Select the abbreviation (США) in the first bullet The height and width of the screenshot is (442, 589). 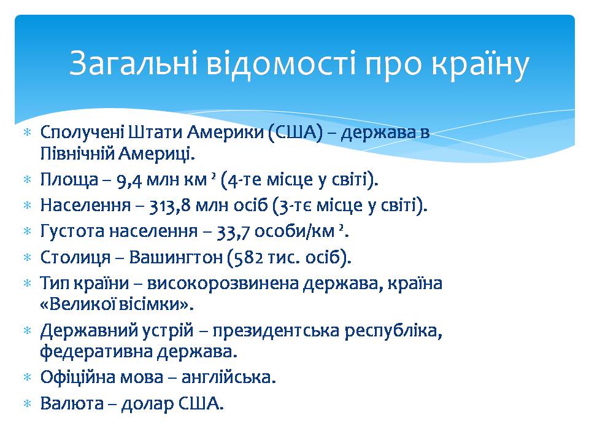point(295,133)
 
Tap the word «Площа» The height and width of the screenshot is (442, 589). point(69,180)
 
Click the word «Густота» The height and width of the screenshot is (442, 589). point(72,231)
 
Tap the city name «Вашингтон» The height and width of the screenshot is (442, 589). point(176,258)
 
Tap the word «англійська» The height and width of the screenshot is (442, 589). point(228,377)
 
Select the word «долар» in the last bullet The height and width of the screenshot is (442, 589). point(147,404)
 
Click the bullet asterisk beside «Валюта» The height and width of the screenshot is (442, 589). point(28,404)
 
